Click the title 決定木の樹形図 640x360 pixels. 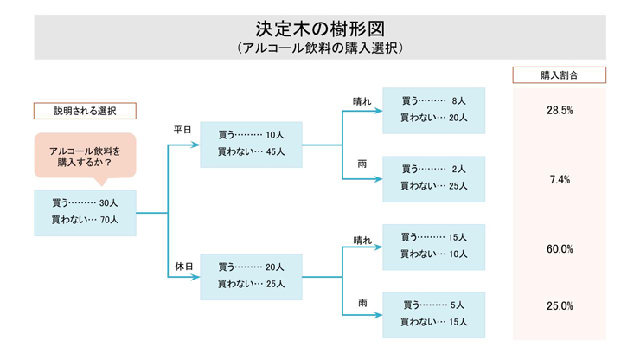[x=319, y=28]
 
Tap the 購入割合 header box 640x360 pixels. [x=559, y=75]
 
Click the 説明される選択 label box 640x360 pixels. [x=84, y=112]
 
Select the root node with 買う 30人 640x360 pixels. [x=85, y=212]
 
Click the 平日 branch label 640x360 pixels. [x=182, y=129]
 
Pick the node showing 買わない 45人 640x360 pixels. [x=251, y=144]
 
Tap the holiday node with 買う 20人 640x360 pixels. [x=251, y=275]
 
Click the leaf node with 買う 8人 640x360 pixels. [x=433, y=110]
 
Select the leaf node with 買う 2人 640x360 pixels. [x=433, y=178]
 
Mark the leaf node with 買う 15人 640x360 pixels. [x=433, y=246]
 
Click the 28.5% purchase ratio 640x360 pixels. [x=560, y=111]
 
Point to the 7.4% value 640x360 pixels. [x=560, y=179]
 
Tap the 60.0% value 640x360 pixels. [x=560, y=248]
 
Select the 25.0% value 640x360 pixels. [x=560, y=305]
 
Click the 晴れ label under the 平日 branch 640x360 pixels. [x=362, y=101]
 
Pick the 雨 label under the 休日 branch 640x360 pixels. [x=362, y=302]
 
